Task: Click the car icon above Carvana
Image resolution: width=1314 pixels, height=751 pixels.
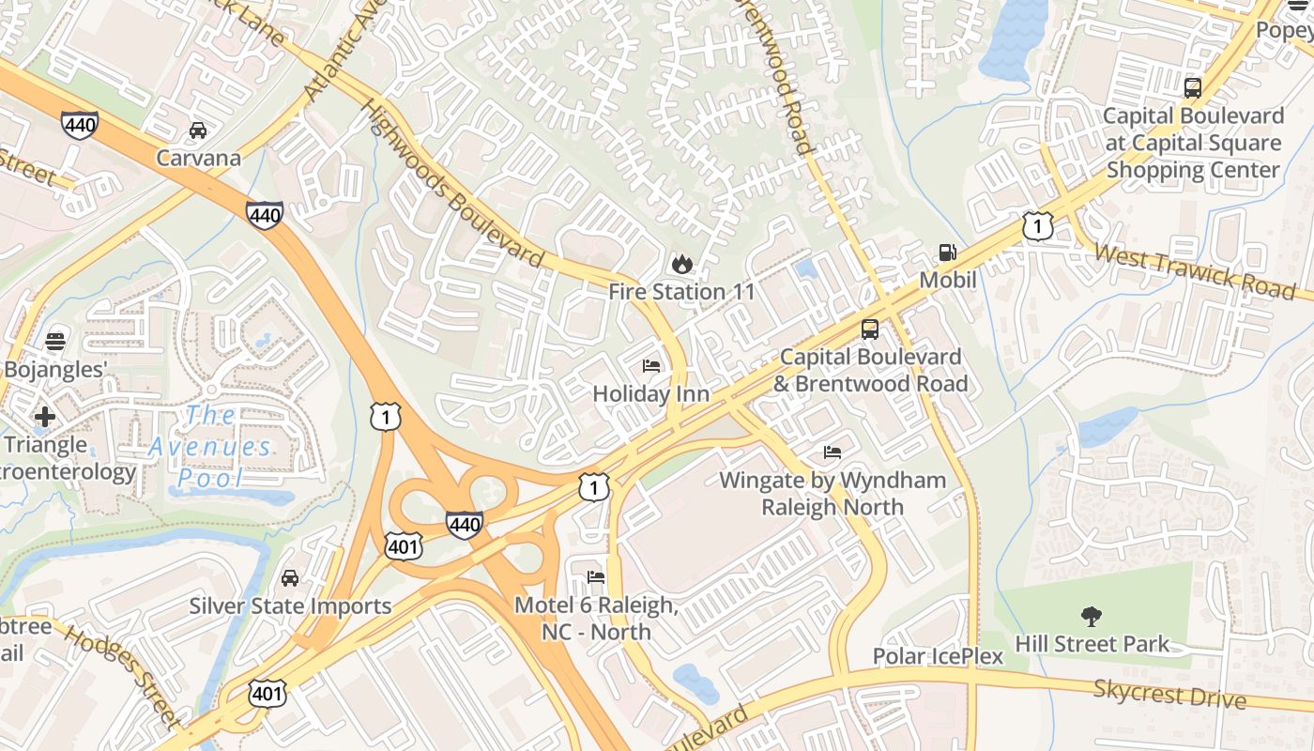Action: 198,130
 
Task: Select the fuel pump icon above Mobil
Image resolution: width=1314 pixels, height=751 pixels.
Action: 948,253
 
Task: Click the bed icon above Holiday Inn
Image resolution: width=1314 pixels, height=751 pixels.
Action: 650,365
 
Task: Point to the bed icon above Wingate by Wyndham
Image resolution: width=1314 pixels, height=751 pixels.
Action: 833,452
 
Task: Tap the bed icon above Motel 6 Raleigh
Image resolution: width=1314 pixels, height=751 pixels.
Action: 595,576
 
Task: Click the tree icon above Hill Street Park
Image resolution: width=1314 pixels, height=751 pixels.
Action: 1091,617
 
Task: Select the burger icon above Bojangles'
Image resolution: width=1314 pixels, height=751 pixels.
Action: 54,341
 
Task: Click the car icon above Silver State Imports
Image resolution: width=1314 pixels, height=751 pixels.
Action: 290,578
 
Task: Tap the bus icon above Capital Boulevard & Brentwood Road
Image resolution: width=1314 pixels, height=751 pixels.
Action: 870,330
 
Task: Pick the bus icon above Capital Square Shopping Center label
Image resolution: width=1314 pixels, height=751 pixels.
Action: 1193,88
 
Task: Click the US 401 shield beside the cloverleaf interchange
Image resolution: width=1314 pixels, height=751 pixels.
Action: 403,545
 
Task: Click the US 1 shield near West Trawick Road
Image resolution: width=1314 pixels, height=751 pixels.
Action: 1037,226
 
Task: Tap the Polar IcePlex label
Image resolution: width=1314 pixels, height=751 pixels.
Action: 939,655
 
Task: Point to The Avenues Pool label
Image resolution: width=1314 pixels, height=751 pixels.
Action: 210,446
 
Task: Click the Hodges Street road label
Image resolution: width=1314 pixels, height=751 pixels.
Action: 122,676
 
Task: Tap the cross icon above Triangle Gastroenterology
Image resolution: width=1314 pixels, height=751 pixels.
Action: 44,416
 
